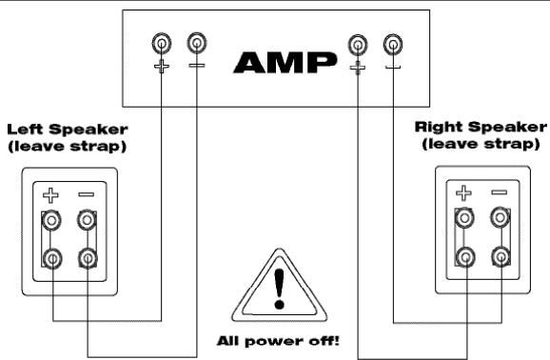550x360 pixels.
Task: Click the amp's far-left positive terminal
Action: pos(162,43)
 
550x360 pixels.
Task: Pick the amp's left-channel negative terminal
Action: pos(196,43)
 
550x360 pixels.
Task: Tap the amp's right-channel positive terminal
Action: pos(358,43)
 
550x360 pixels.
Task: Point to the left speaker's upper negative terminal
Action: pos(88,222)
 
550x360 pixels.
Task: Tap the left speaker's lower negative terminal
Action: pos(88,257)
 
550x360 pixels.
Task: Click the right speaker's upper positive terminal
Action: pos(464,220)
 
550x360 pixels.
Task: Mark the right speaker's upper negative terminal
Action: pos(499,220)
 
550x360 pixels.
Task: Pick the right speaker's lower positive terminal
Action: pos(464,256)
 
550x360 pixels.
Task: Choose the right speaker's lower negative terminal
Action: pos(499,256)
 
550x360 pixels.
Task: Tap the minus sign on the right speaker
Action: pos(499,193)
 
